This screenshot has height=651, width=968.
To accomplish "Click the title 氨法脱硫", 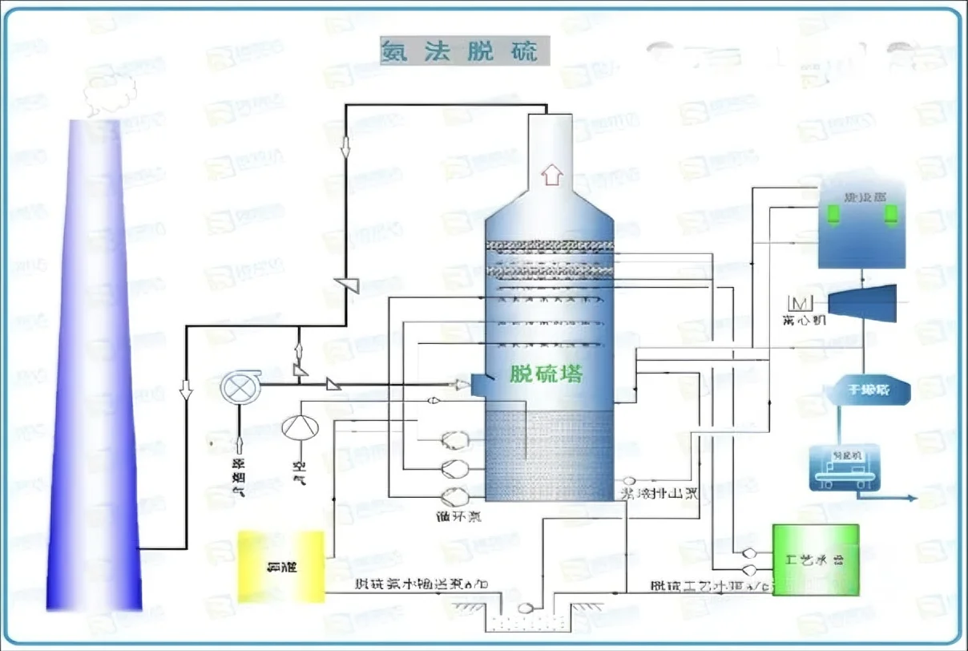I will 465,51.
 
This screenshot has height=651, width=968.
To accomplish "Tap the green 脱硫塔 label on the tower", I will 546,373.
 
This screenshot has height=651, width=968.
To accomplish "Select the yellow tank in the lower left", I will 281,566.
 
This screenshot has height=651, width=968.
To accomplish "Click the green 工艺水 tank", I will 815,559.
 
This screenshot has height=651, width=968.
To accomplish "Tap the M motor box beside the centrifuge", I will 801,303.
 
